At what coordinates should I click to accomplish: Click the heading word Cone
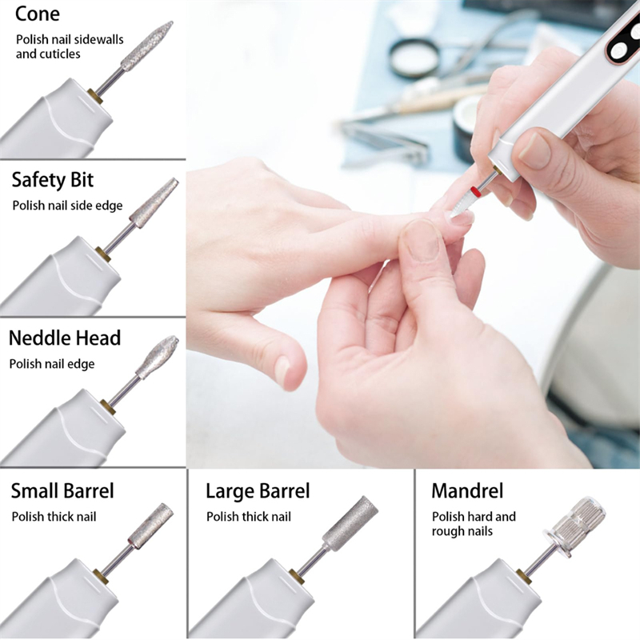(37, 14)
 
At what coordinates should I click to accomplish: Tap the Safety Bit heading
(53, 180)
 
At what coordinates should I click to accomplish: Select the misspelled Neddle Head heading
(65, 338)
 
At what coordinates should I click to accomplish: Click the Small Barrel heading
(62, 490)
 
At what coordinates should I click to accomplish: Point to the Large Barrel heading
(258, 491)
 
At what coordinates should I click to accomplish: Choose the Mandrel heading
(467, 490)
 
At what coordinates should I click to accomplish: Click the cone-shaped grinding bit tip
(147, 46)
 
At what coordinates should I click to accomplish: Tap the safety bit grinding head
(154, 203)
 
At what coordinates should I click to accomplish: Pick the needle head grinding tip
(157, 357)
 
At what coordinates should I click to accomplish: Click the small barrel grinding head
(151, 526)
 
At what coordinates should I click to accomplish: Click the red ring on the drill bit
(475, 190)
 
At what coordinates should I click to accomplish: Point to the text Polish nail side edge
(67, 206)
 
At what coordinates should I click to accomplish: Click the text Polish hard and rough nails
(474, 524)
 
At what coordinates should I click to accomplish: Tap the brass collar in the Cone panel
(94, 96)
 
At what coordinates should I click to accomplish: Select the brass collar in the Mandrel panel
(524, 574)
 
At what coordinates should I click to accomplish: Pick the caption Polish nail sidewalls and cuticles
(70, 46)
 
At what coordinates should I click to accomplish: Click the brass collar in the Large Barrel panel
(299, 577)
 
